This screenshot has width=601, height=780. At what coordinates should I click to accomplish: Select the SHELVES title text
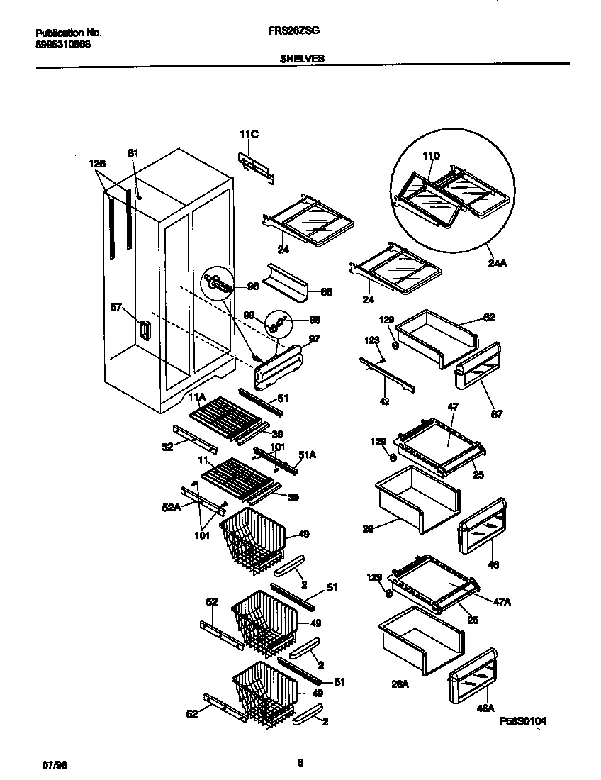coord(303,60)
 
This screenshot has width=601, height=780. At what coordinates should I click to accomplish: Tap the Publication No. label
coord(68,33)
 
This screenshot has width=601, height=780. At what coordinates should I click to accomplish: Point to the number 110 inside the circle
coord(431,156)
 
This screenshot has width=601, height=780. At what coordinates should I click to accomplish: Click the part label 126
coord(97,164)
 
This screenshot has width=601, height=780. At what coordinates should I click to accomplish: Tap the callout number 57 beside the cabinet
coord(116,306)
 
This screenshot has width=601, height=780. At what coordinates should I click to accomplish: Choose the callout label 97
coord(314,339)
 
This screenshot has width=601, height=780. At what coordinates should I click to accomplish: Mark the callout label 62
coord(488,318)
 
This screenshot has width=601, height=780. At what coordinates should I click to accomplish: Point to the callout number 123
coord(372,341)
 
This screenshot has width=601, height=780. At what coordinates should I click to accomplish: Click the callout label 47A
coord(502,601)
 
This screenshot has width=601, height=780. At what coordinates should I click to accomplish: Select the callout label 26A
coord(401,684)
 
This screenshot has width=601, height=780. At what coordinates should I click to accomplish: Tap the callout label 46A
coord(486,707)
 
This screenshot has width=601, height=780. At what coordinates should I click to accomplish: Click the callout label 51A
coord(305,455)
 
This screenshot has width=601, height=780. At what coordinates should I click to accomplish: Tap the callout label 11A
coord(196,396)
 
